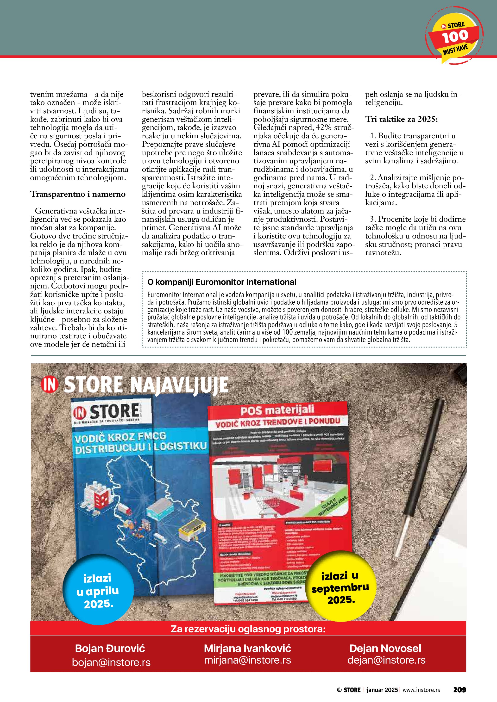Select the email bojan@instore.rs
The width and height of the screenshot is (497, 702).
pyautogui.click(x=111, y=662)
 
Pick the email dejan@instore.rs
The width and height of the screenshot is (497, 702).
pyautogui.click(x=386, y=660)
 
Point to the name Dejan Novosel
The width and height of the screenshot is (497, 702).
pyautogui.click(x=385, y=648)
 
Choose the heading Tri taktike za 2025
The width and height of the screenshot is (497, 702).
pyautogui.click(x=401, y=119)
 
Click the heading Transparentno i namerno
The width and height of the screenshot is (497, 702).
pyautogui.click(x=78, y=194)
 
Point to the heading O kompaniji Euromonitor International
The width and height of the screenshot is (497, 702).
pyautogui.click(x=222, y=282)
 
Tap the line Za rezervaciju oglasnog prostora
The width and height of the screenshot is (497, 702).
pyautogui.click(x=248, y=629)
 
